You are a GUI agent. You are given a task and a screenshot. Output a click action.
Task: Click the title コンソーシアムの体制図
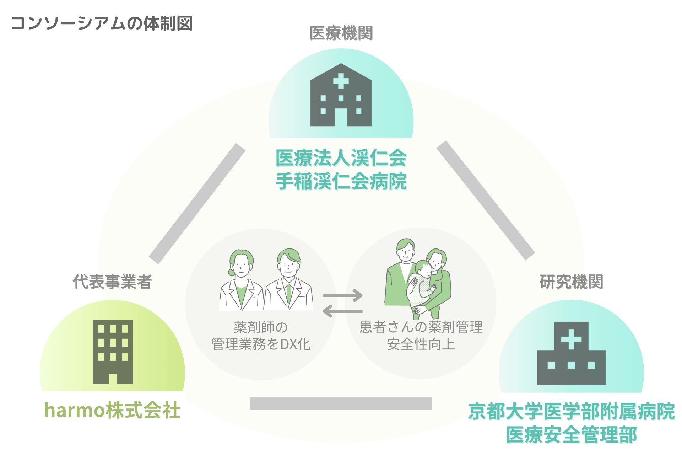coord(102,23)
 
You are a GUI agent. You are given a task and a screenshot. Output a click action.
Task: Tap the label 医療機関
coord(341,33)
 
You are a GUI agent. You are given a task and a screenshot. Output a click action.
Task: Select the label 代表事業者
coord(113,282)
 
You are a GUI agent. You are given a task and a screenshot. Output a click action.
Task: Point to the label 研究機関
coord(571,282)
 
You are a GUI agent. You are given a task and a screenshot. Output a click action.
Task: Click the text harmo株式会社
coord(112,410)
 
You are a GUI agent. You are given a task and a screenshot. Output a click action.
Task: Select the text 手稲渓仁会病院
coord(341,181)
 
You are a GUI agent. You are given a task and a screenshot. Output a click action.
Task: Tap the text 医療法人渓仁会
coord(341,158)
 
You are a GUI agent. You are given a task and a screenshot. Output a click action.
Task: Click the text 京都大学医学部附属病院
coord(571,411)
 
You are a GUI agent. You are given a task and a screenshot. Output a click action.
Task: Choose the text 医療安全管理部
coord(571,435)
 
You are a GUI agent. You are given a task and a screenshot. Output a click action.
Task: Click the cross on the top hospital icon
coord(341,81)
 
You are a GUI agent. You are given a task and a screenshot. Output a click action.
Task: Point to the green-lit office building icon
coord(113,352)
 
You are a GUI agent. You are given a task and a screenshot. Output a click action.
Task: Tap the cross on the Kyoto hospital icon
coord(571,339)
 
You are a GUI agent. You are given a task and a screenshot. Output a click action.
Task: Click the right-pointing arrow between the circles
coord(342,295)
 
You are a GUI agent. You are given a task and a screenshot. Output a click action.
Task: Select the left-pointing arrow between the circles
coord(342,311)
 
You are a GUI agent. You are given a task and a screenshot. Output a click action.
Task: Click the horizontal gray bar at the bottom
coord(341,403)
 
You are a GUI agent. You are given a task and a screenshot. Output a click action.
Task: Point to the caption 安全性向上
coord(421,344)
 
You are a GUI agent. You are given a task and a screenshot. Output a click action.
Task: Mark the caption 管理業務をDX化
coord(261,344)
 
